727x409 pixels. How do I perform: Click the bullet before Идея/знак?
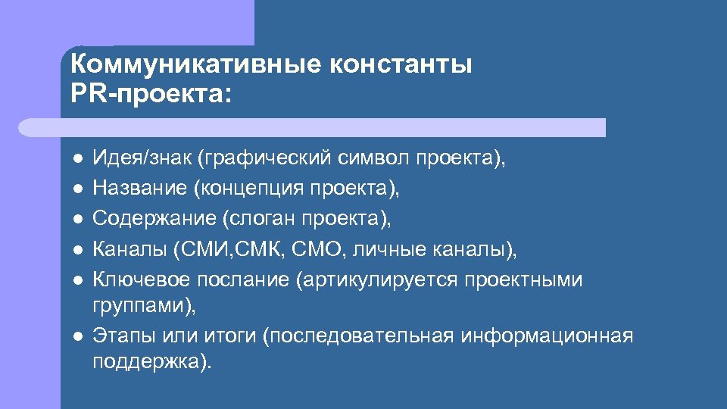(77, 158)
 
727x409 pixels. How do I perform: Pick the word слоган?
(261, 219)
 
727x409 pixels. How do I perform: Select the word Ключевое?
(142, 280)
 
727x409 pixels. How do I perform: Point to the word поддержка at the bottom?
(144, 362)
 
